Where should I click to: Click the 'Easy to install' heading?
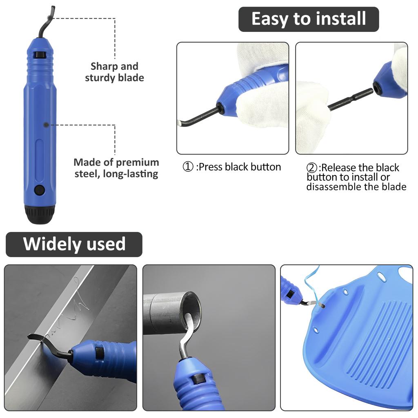point(309,19)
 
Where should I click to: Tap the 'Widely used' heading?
point(74,244)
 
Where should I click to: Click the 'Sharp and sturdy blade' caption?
point(114,72)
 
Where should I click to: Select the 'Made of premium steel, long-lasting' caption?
point(116,168)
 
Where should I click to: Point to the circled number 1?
point(188,167)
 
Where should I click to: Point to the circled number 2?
point(312,168)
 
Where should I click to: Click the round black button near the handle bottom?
point(39,190)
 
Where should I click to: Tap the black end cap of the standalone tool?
point(40,213)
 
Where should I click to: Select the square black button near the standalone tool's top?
point(40,54)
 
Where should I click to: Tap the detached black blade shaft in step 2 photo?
point(350,100)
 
